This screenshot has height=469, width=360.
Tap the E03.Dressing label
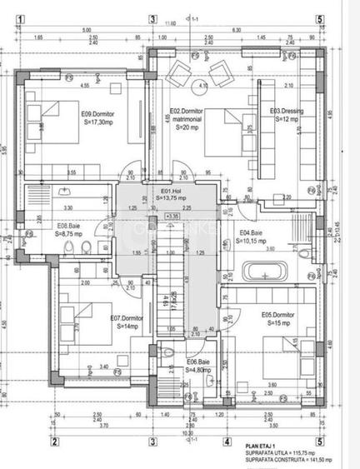coord(286,112)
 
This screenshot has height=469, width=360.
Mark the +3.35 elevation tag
coord(173,217)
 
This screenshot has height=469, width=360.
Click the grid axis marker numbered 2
coord(53,442)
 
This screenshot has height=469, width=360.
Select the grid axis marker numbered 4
coord(226,442)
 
